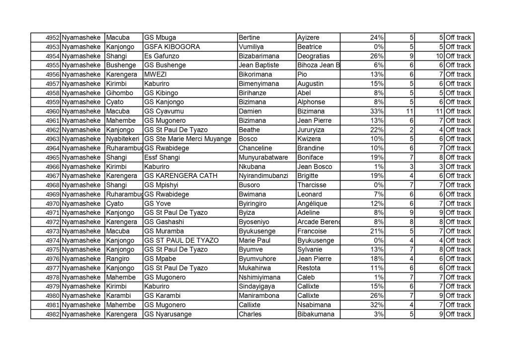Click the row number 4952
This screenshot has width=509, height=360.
click(53, 37)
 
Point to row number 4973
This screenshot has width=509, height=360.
click(53, 231)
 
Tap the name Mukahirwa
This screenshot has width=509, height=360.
click(255, 268)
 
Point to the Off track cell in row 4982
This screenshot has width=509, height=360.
click(458, 314)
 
